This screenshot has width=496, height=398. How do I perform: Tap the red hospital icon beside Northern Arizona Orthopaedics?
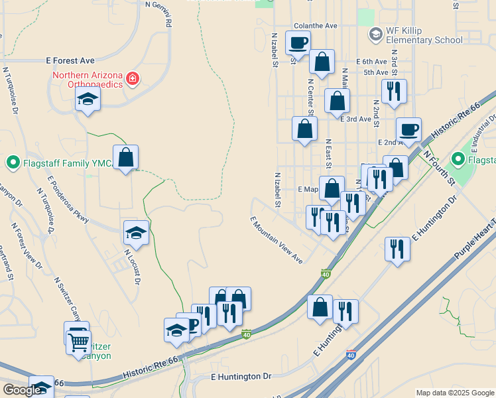pyautogui.click(x=133, y=79)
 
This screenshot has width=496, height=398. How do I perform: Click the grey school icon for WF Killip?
pyautogui.click(x=375, y=33)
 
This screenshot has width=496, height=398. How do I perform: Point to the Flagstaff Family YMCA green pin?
pyautogui.click(x=13, y=163)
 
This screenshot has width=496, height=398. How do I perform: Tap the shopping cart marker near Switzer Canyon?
pyautogui.click(x=78, y=343)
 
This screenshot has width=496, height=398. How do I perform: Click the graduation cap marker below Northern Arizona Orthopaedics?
pyautogui.click(x=88, y=100)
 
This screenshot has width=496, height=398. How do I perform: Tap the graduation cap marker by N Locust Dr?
pyautogui.click(x=136, y=233)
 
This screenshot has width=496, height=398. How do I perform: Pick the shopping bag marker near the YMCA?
pyautogui.click(x=125, y=158)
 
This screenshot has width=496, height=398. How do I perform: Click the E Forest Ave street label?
pyautogui.click(x=70, y=60)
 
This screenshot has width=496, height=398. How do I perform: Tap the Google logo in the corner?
pyautogui.click(x=21, y=391)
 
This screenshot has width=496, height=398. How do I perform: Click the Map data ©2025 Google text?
pyautogui.click(x=454, y=393)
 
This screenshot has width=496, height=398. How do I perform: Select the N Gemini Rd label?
pyautogui.click(x=159, y=14)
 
